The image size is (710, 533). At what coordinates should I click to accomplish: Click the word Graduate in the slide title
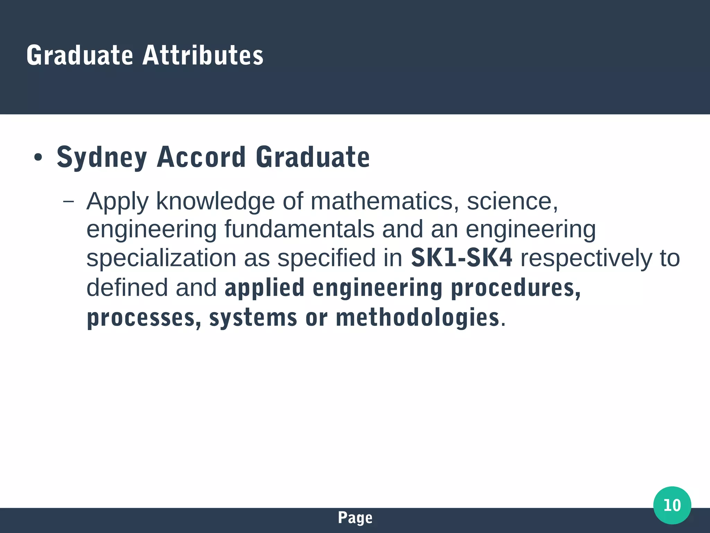pos(80,55)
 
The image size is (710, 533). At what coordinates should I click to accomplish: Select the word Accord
pos(201,157)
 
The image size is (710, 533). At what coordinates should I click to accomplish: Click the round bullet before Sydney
pos(38,158)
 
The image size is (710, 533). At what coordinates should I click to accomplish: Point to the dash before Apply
pos(69,201)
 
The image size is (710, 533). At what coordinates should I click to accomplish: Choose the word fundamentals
pos(299,229)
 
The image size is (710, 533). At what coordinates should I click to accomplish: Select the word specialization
pos(161,258)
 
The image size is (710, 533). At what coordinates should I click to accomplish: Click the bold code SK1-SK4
pos(461,258)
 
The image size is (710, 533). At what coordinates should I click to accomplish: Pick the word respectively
pos(586,258)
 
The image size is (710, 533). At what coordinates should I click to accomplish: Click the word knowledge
pos(215,202)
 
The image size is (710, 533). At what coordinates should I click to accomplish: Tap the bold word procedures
pos(516,288)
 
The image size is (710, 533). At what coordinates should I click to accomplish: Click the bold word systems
pos(253,318)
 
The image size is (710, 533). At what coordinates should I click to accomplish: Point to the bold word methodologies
pos(417,318)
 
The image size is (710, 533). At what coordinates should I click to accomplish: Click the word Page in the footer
pos(355,518)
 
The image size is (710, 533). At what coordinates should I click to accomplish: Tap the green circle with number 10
pos(672,505)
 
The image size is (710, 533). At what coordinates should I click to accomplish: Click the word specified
pos(326,258)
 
